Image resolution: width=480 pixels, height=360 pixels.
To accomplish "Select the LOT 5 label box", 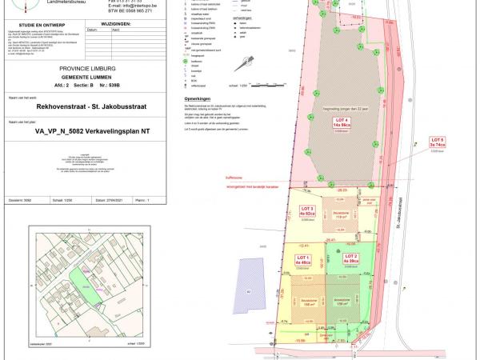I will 437,144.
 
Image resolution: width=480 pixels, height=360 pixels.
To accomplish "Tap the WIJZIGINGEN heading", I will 115,25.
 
